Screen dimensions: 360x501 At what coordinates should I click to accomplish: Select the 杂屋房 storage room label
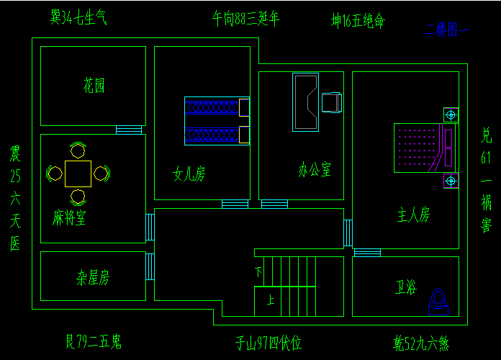[93, 277]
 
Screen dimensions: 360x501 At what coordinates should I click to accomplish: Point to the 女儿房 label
[189, 174]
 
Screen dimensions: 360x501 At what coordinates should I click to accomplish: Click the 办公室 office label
[315, 171]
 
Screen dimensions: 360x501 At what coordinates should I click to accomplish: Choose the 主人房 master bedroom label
[414, 215]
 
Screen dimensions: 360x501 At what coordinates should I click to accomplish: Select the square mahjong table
[78, 173]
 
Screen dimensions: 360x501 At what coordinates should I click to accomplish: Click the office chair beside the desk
[332, 102]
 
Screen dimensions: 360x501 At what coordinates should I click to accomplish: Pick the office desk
[305, 102]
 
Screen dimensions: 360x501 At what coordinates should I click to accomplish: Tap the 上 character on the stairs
[271, 300]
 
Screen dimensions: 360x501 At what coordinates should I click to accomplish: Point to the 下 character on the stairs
[258, 272]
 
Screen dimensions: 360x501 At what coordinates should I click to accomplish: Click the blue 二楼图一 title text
[446, 30]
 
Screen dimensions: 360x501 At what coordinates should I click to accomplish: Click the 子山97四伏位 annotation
[268, 343]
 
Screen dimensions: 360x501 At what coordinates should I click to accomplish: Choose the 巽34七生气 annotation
[79, 17]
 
